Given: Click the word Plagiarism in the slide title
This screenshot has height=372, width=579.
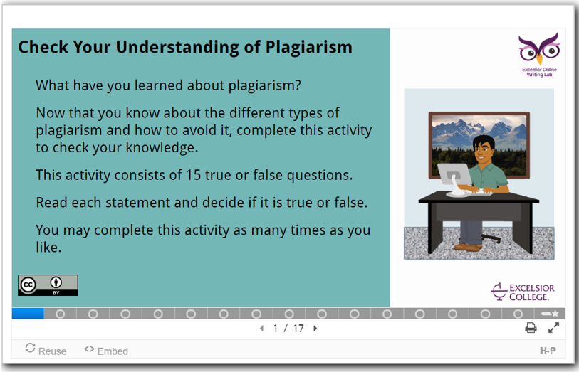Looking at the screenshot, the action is pyautogui.click(x=308, y=48).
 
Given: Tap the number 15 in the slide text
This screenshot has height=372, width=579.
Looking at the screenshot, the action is pyautogui.click(x=193, y=175).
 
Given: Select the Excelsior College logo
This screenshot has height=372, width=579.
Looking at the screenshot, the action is pyautogui.click(x=523, y=292).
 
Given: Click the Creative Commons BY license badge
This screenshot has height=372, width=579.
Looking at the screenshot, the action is pyautogui.click(x=48, y=285).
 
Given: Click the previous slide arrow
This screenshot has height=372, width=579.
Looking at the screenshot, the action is pyautogui.click(x=262, y=328).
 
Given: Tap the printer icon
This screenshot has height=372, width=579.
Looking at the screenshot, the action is pyautogui.click(x=531, y=327).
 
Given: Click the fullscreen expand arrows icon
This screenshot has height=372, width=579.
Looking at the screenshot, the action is pyautogui.click(x=553, y=327).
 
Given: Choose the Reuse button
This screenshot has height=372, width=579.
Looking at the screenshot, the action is pyautogui.click(x=46, y=349).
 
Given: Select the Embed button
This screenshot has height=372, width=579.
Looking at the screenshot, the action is pyautogui.click(x=106, y=350).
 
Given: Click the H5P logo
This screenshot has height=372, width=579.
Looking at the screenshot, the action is pyautogui.click(x=548, y=350).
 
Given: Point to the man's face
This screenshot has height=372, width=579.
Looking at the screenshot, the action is pyautogui.click(x=483, y=152).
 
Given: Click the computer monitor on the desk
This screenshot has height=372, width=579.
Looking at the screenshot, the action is pyautogui.click(x=454, y=178).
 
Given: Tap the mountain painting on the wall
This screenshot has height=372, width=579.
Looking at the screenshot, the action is pyautogui.click(x=479, y=145).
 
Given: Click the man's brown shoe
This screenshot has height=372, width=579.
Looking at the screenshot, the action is pyautogui.click(x=467, y=247).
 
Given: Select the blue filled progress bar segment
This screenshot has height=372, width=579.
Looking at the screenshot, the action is pyautogui.click(x=28, y=314).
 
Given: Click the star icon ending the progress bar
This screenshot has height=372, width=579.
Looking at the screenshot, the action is pyautogui.click(x=555, y=314).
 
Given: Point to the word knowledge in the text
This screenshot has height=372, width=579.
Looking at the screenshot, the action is pyautogui.click(x=162, y=147).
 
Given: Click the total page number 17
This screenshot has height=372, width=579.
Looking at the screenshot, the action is pyautogui.click(x=298, y=328).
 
